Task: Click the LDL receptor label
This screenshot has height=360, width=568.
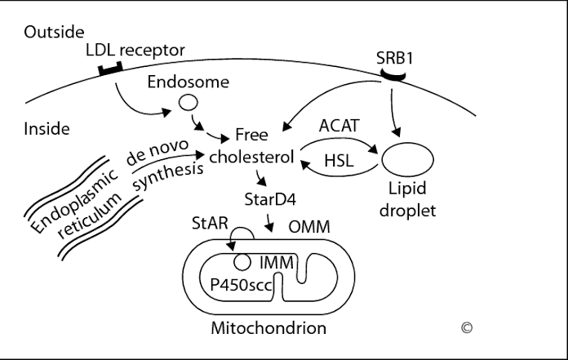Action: point(135,51)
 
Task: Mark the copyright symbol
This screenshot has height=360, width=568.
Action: point(467,328)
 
